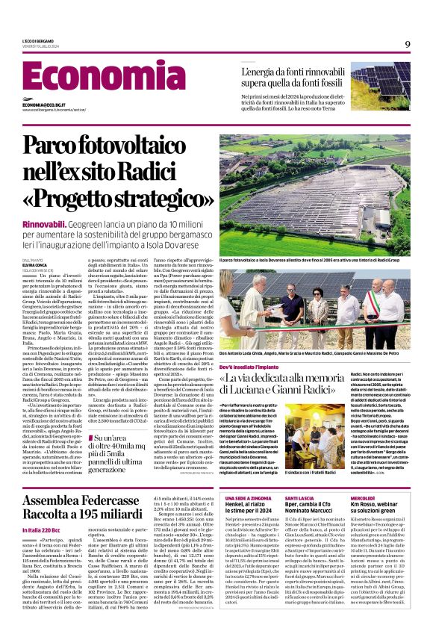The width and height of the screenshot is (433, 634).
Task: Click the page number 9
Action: [x=408, y=44]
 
